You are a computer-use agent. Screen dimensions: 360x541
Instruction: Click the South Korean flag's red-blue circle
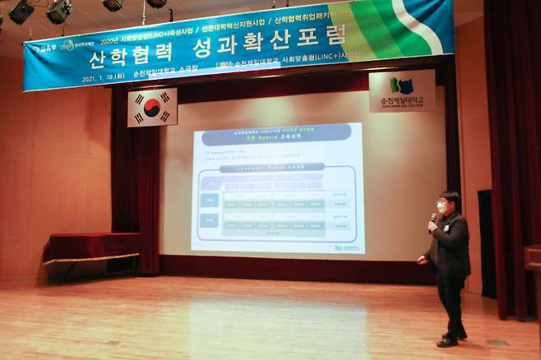click(x=152, y=107)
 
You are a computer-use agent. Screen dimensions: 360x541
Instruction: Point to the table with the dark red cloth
click(x=90, y=247)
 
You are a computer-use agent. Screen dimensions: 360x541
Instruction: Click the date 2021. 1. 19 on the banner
click(x=99, y=78)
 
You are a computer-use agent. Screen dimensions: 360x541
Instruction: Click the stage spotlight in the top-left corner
click(x=21, y=11)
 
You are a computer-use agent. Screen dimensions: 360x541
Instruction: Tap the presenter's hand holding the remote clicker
click(x=422, y=260)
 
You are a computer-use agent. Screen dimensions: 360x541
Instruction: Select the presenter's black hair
click(x=448, y=196)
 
